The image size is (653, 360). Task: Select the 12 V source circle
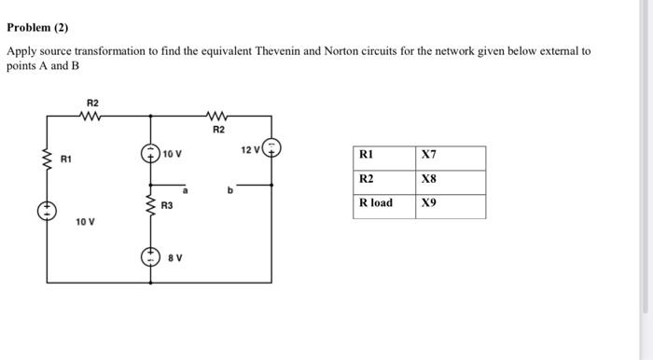point(271,149)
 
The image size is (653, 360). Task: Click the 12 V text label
point(249,149)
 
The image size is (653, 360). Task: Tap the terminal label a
point(185,189)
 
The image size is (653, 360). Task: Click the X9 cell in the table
point(429,202)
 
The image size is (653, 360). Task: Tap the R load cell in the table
point(376,202)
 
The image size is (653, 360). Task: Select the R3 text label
point(167,204)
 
